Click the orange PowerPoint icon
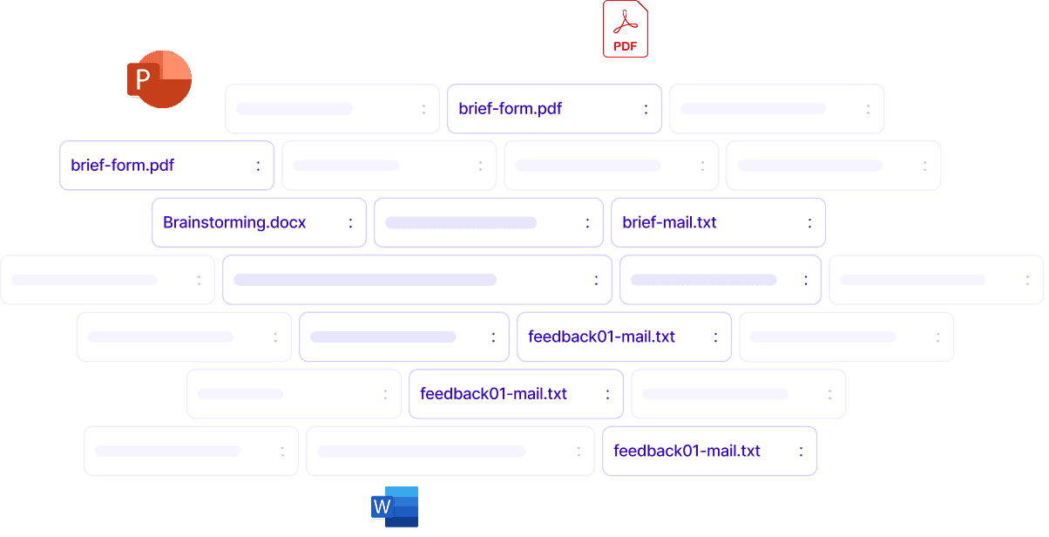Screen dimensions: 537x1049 (159, 79)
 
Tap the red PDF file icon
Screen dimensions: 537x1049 (626, 29)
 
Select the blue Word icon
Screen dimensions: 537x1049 (396, 506)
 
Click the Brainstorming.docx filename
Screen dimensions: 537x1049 (234, 222)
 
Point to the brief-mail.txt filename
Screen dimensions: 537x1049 (669, 222)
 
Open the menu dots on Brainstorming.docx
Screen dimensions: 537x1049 (351, 222)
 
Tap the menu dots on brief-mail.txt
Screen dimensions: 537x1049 (809, 222)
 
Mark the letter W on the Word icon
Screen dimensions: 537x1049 (382, 506)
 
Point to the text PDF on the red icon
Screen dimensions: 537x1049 (626, 45)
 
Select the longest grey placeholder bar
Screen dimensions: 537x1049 (365, 280)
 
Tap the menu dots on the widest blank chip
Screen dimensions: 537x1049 (597, 280)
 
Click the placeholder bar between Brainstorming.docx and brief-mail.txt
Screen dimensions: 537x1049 (460, 222)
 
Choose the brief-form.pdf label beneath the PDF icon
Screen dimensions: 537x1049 (510, 109)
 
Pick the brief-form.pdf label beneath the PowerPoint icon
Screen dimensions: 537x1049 (122, 165)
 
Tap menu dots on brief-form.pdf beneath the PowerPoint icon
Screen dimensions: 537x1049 (259, 165)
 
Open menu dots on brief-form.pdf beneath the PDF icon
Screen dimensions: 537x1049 (646, 109)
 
